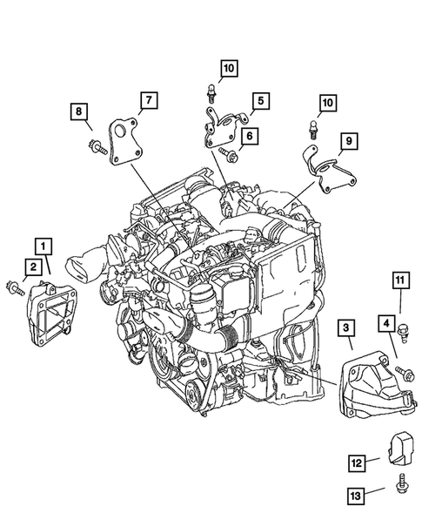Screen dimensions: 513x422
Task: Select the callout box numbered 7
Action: pyautogui.click(x=146, y=102)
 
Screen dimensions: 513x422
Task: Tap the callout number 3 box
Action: pyautogui.click(x=345, y=327)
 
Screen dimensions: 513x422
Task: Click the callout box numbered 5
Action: pyautogui.click(x=259, y=102)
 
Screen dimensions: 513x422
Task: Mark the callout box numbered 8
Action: pyautogui.click(x=79, y=111)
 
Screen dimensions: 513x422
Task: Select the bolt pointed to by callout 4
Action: pyautogui.click(x=405, y=373)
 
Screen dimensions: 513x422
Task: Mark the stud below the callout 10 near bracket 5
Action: pyautogui.click(x=211, y=91)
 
